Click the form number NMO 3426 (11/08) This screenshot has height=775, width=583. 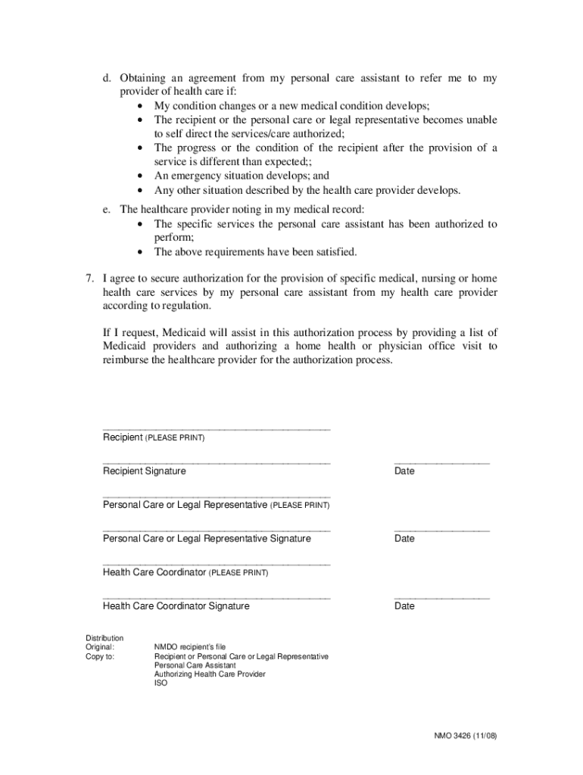(x=465, y=736)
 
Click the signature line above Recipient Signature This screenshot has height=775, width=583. (x=217, y=462)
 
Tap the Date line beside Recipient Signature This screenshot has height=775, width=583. (x=441, y=462)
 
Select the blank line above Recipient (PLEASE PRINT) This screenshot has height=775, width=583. (x=217, y=429)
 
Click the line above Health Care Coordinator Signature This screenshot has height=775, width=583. (x=217, y=598)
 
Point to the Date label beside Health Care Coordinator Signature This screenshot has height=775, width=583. (x=404, y=606)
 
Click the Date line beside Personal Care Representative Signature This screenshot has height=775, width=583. (x=441, y=531)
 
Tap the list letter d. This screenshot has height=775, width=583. (x=108, y=79)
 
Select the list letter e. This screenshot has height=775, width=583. (x=108, y=210)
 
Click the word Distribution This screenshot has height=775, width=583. (x=104, y=638)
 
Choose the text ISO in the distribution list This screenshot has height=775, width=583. (x=161, y=683)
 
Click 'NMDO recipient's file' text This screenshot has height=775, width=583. (x=190, y=647)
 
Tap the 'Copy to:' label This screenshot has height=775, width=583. (x=100, y=656)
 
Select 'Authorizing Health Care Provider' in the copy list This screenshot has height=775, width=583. (x=210, y=674)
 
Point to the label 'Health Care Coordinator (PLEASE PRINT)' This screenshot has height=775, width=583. (x=185, y=573)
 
